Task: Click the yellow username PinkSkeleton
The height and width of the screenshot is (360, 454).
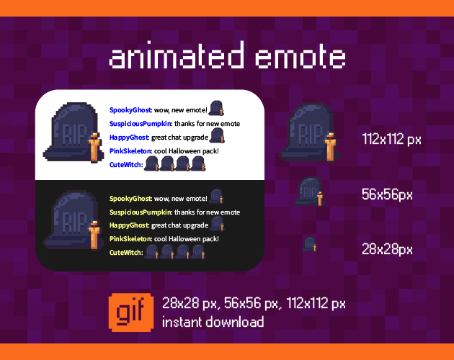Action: (x=130, y=238)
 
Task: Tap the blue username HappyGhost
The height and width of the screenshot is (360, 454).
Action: (x=129, y=137)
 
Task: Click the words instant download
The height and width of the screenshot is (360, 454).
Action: (x=213, y=322)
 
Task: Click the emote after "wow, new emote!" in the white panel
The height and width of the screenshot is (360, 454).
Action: (x=217, y=109)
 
